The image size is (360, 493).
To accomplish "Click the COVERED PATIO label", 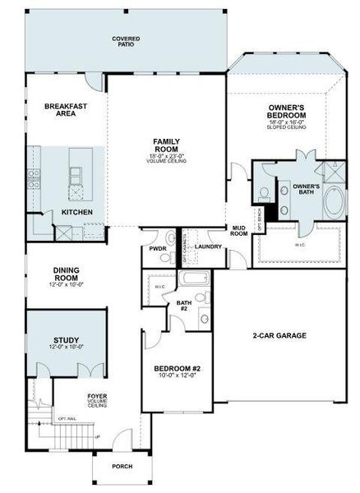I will [x=127, y=40].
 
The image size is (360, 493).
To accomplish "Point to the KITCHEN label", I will [x=77, y=213].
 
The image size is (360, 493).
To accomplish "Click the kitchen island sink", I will [x=76, y=173].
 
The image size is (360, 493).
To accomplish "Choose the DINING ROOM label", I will [x=65, y=274].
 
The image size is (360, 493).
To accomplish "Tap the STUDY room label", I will [x=65, y=339].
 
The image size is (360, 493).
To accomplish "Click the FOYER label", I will [x=97, y=399].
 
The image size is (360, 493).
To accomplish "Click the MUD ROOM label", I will [x=240, y=231].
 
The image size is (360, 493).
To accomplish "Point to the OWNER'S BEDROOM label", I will [x=288, y=112].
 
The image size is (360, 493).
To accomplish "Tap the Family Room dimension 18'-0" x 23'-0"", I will [x=168, y=156].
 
